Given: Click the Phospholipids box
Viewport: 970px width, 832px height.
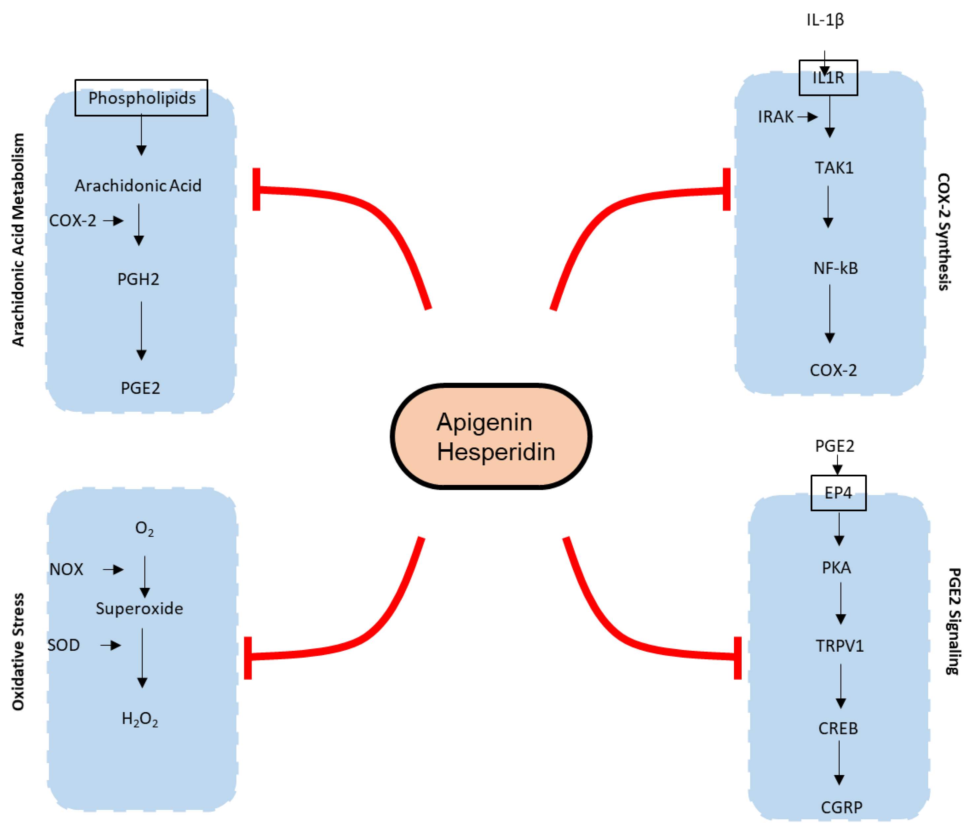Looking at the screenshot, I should pyautogui.click(x=141, y=98).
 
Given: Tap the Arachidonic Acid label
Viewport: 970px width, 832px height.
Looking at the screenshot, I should pyautogui.click(x=138, y=186).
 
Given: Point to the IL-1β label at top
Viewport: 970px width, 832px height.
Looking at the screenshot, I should pyautogui.click(x=825, y=20).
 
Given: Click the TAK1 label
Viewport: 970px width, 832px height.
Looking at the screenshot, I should pyautogui.click(x=834, y=167).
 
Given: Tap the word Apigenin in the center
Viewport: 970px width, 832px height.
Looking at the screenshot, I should pyautogui.click(x=484, y=422).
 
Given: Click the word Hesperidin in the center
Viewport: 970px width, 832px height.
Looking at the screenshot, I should pyautogui.click(x=496, y=452).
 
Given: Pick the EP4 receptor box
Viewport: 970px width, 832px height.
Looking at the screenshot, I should pyautogui.click(x=838, y=492).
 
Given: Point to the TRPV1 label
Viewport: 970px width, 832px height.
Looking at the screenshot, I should pyautogui.click(x=839, y=646).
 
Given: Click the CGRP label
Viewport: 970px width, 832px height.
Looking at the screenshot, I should pyautogui.click(x=841, y=807).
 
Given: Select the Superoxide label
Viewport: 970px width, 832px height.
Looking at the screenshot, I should pyautogui.click(x=140, y=609).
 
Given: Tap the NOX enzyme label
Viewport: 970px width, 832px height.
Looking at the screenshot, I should pyautogui.click(x=66, y=569).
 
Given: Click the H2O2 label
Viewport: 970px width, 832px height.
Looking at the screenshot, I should pyautogui.click(x=140, y=719).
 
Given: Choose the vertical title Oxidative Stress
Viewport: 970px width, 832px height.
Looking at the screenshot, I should pyautogui.click(x=18, y=652).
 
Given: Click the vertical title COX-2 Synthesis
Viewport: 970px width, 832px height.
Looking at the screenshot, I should pyautogui.click(x=944, y=232).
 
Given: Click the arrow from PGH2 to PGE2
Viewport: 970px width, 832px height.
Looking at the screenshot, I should pyautogui.click(x=141, y=331).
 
